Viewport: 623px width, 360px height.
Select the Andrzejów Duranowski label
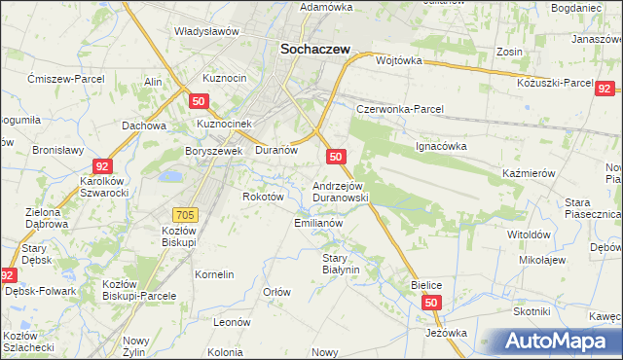point(340,191)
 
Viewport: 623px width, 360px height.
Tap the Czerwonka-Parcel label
point(399,109)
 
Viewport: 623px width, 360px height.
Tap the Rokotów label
point(263,196)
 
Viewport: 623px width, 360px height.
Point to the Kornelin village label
point(214,274)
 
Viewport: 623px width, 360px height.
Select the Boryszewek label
point(213,151)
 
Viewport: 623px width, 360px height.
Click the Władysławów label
point(206,31)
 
